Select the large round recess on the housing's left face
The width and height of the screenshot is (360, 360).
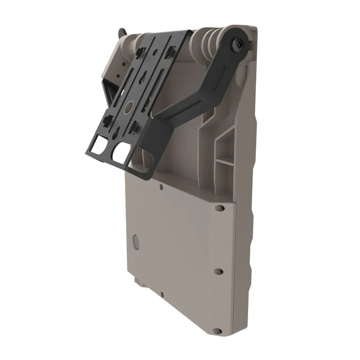coord(136,242)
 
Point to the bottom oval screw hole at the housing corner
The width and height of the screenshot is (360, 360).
coord(217,331)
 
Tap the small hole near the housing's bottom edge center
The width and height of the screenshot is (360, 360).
coord(162,294)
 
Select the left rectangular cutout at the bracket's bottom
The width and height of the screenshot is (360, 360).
coord(100,148)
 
